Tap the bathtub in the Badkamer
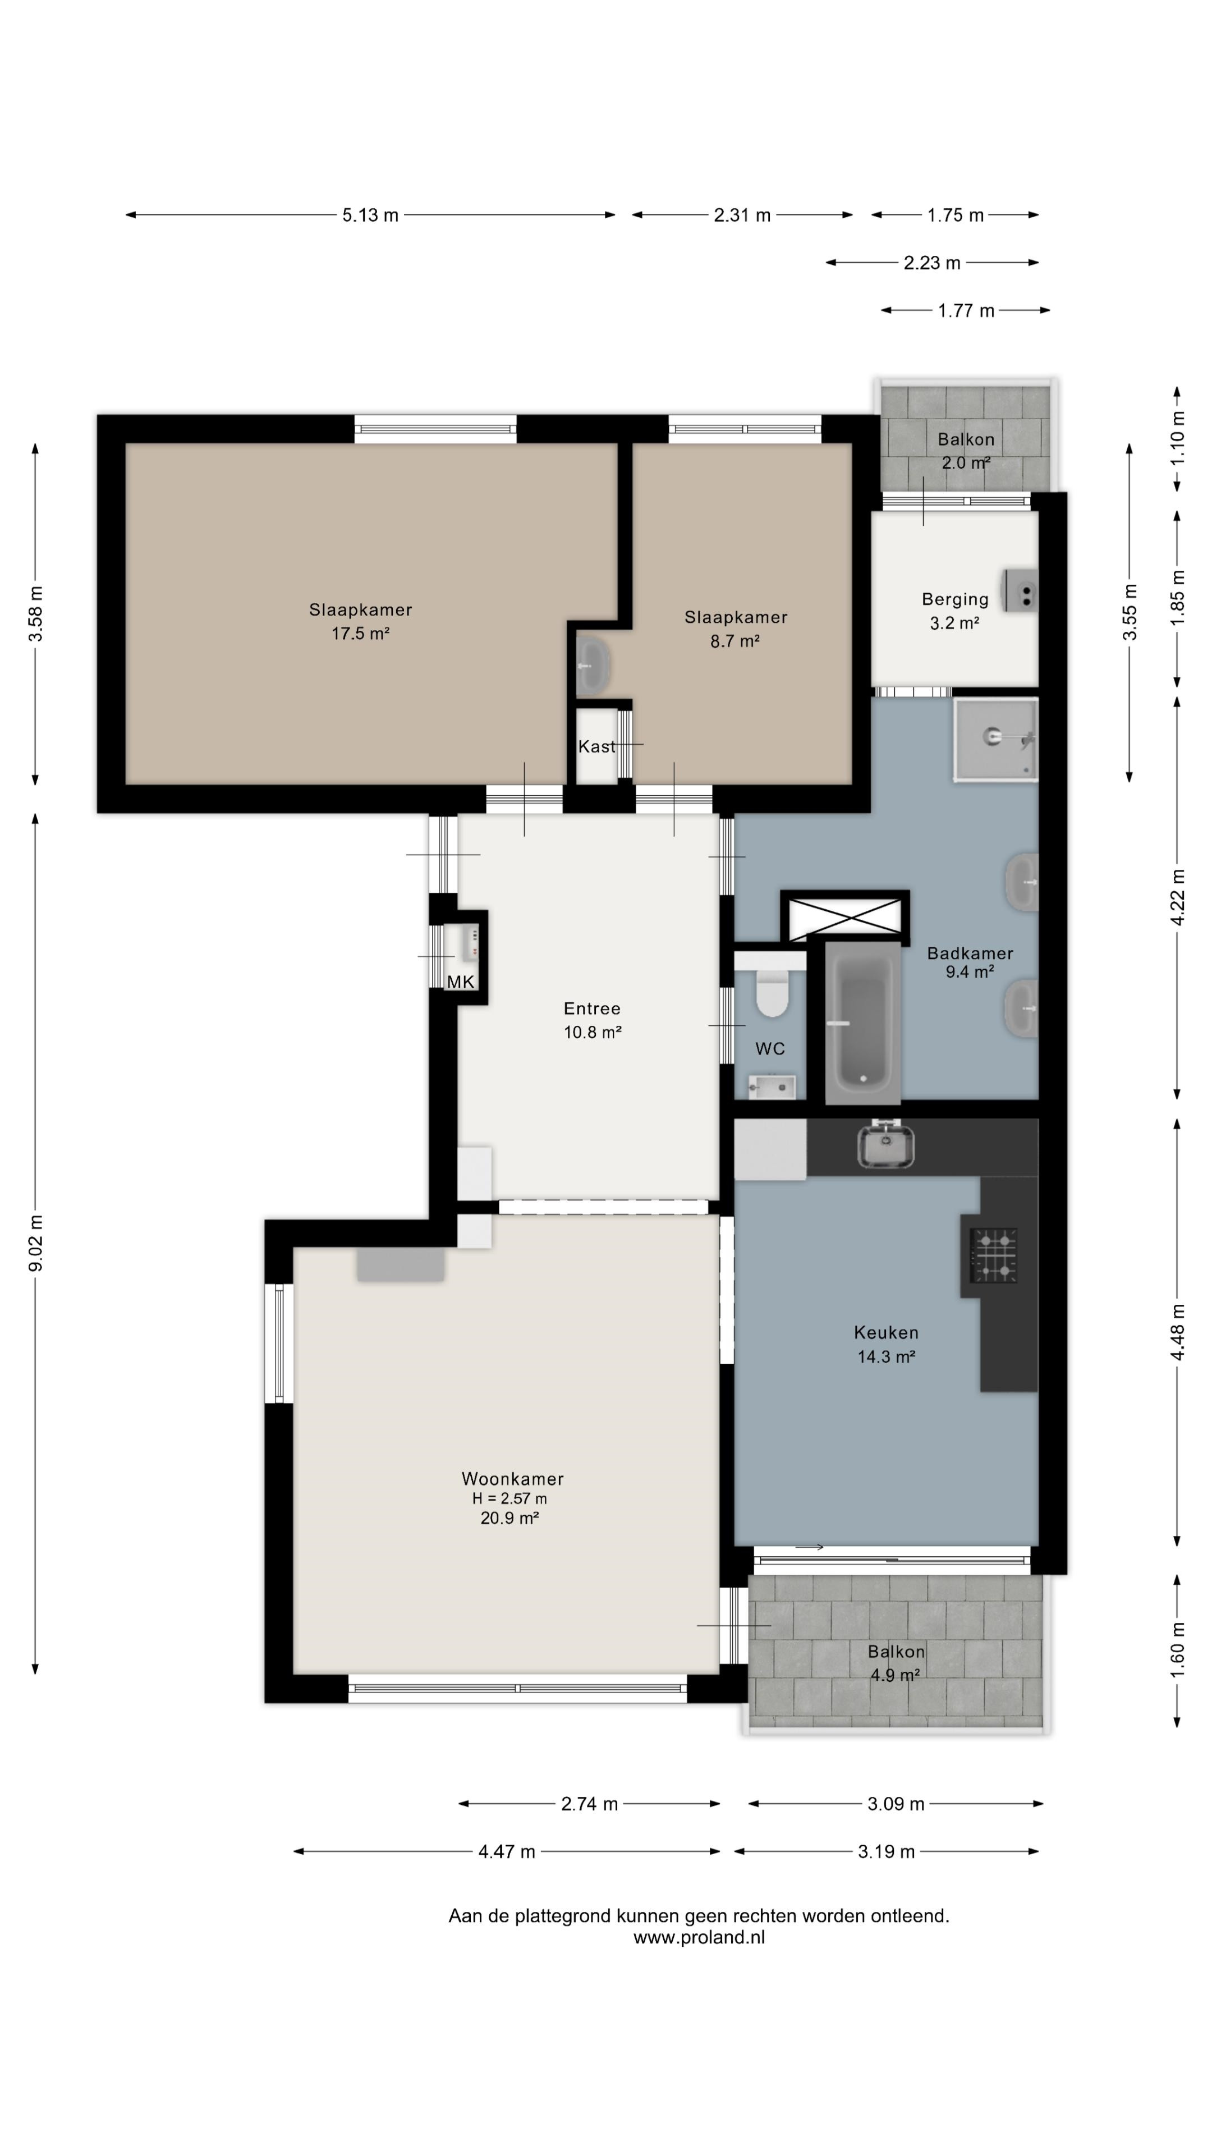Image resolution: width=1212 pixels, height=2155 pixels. click(x=862, y=1023)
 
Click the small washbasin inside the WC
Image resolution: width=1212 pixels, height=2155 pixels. click(x=771, y=1086)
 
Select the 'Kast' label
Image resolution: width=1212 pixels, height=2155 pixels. click(x=596, y=746)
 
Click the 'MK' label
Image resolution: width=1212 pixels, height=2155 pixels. click(x=461, y=982)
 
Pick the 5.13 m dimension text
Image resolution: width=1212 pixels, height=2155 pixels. click(x=370, y=215)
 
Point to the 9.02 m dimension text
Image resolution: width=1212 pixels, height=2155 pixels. click(x=36, y=1243)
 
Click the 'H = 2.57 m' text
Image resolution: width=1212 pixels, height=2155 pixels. click(x=509, y=1499)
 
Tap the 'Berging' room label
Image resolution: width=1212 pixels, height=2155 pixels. click(x=955, y=599)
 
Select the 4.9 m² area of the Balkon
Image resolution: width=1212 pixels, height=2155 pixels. click(x=894, y=1675)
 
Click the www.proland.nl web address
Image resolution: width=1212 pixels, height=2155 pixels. click(x=699, y=1937)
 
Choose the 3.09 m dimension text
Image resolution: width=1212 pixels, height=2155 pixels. click(x=896, y=1804)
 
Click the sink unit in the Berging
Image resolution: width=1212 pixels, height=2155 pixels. click(x=1021, y=590)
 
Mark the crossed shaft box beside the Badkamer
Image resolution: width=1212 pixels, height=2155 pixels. click(x=846, y=916)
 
